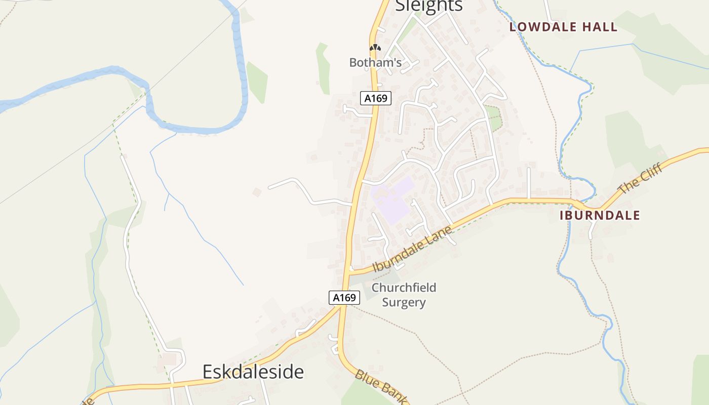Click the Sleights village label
coord(428,5)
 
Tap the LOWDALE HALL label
coord(563,27)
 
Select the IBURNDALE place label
coord(600,215)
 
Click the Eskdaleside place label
coord(253,372)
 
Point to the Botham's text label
coord(375,63)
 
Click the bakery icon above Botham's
coord(375,48)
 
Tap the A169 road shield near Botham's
coord(376,98)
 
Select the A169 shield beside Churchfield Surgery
coord(344,298)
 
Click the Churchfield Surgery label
coord(404,295)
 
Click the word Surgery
coord(404,303)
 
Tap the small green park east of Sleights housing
coord(494,118)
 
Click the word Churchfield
coord(404,288)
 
